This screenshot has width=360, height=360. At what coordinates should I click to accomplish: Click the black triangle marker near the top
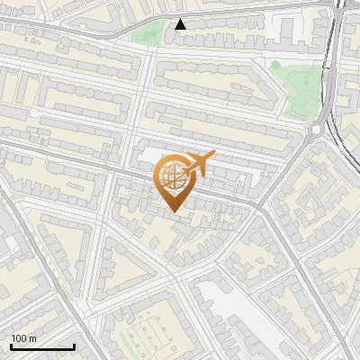[181, 23]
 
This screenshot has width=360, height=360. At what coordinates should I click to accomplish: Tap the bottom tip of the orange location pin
[174, 211]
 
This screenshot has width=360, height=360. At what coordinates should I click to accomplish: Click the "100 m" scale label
[23, 338]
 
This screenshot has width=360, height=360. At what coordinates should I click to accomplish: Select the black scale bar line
[42, 346]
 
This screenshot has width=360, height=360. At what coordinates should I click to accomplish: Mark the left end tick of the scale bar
[11, 345]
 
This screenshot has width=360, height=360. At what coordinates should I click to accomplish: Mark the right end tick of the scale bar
[74, 345]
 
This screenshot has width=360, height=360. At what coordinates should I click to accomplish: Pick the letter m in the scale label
[32, 338]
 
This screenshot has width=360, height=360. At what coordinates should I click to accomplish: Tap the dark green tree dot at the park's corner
[275, 65]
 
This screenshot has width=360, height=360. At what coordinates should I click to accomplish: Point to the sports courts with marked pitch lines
[144, 338]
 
